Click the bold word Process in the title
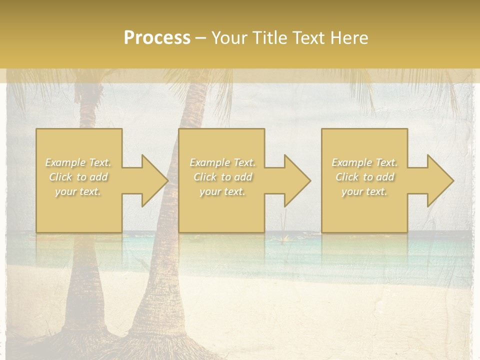point(157,38)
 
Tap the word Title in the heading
point(268,38)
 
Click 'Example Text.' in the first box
point(78,162)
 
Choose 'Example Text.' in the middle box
point(222,162)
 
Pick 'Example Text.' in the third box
point(364,162)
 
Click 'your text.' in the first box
point(78,191)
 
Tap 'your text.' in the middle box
point(222,191)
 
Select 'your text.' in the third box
point(364,191)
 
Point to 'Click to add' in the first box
point(78,177)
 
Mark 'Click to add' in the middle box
point(222,177)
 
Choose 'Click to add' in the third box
point(364,177)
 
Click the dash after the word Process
point(200,38)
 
